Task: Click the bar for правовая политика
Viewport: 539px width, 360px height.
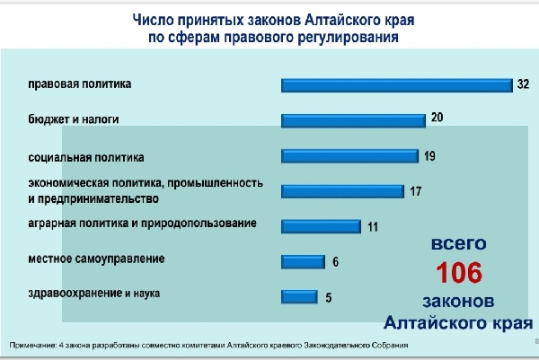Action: point(395,86)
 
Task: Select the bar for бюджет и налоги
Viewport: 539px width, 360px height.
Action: point(352,119)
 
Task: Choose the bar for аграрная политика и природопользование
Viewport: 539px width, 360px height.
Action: point(320,226)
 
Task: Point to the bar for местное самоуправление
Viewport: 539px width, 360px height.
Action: point(302,262)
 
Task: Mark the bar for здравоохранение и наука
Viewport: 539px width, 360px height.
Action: point(299,296)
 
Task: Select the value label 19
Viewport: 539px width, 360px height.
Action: point(429,155)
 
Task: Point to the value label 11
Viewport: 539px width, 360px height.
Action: point(372,226)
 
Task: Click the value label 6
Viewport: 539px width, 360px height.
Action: point(334,262)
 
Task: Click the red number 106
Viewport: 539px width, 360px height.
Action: point(459,272)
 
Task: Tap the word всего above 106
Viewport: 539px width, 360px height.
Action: point(459,243)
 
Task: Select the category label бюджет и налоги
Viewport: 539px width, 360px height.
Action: point(73,118)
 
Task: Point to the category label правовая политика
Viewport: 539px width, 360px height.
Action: point(79,84)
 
